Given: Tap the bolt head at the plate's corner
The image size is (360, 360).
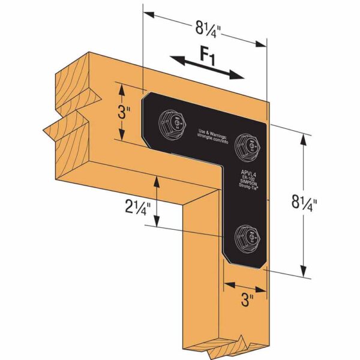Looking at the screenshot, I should click(248, 144).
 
